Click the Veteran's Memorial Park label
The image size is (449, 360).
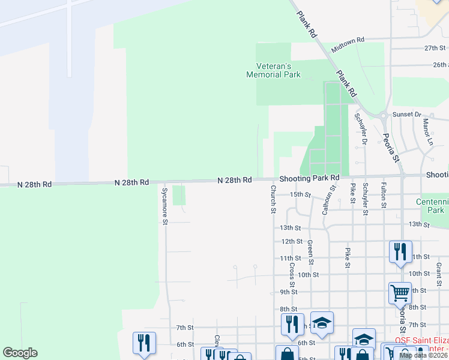click(273, 70)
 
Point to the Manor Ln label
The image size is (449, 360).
click(427, 133)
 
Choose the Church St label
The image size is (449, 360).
click(273, 199)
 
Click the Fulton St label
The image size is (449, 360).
click(383, 197)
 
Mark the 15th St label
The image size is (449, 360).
click(300, 194)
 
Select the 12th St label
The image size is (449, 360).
click(292, 241)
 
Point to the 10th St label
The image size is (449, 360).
click(308, 275)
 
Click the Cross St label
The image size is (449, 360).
click(292, 275)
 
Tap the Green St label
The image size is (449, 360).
click(310, 253)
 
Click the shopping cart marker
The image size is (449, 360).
click(400, 293)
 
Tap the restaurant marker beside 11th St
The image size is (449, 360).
click(400, 251)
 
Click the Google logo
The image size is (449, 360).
click(20, 353)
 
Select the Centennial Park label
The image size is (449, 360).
click(432, 206)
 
